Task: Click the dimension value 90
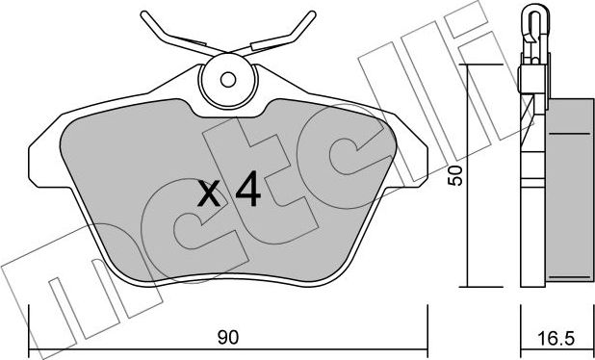tap(228, 337)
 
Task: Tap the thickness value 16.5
tap(556, 337)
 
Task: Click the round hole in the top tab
tap(228, 80)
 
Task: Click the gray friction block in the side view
tap(568, 193)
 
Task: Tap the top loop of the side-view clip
tap(534, 15)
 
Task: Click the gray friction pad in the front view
tap(144, 193)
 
